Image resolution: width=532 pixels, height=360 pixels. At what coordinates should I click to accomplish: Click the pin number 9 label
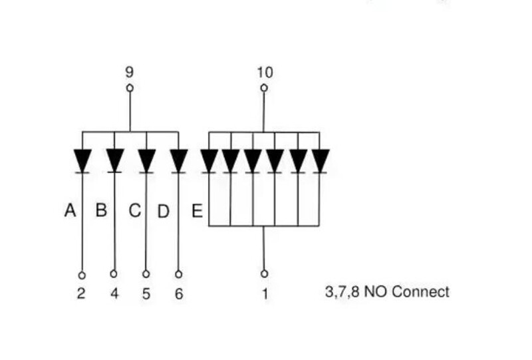click(130, 72)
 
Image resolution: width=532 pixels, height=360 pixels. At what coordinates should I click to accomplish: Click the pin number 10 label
click(264, 72)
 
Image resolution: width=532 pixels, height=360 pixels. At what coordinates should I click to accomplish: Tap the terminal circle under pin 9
click(130, 88)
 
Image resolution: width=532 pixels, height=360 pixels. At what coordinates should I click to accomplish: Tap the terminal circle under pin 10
click(264, 88)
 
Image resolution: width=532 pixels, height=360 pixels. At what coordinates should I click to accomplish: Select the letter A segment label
click(70, 211)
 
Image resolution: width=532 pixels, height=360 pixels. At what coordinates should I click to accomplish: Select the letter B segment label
click(101, 211)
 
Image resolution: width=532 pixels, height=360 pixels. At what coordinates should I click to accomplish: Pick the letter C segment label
click(134, 211)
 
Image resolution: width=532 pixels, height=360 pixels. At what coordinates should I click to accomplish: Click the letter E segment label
click(197, 212)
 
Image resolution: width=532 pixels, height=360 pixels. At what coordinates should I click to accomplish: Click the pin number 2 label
click(81, 293)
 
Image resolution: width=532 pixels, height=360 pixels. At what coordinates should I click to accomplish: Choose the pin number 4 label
click(114, 293)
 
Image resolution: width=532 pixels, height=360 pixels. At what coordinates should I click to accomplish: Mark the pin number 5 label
click(146, 293)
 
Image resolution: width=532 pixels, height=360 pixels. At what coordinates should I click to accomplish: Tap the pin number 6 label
click(178, 293)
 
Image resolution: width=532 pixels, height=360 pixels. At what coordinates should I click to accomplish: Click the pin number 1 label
click(265, 293)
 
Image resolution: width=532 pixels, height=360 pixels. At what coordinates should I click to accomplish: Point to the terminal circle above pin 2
click(82, 274)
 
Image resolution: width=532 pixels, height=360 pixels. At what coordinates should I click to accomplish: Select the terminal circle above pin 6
click(178, 273)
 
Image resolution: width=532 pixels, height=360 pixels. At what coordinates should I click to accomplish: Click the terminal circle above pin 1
click(264, 273)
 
